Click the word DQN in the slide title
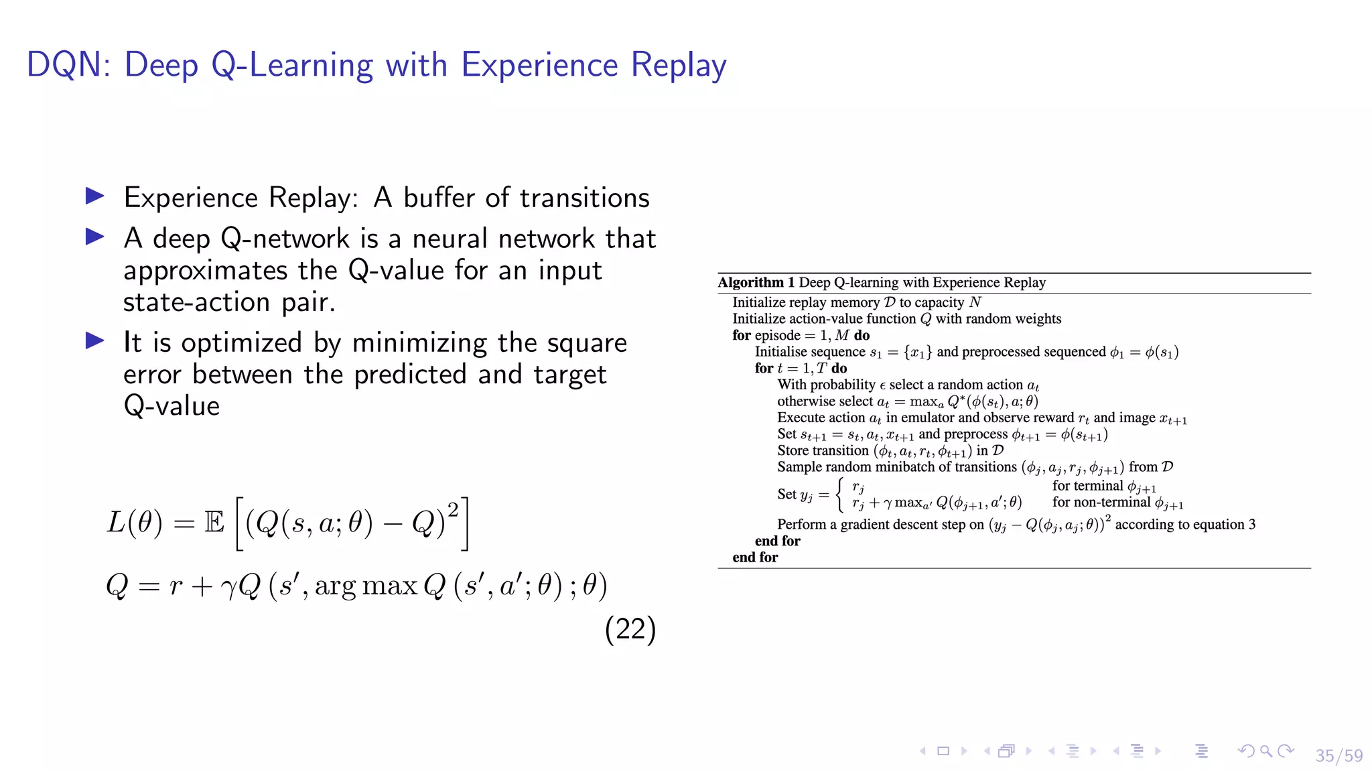pyautogui.click(x=64, y=65)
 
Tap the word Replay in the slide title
pyautogui.click(x=678, y=66)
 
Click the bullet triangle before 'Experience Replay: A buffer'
pyautogui.click(x=95, y=196)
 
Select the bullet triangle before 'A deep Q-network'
pyautogui.click(x=95, y=237)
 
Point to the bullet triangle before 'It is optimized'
pyautogui.click(x=95, y=341)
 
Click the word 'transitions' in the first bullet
pyautogui.click(x=584, y=198)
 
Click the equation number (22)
pyautogui.click(x=630, y=629)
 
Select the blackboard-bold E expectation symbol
pyautogui.click(x=214, y=522)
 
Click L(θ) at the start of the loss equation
pyautogui.click(x=134, y=522)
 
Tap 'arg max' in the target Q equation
pyautogui.click(x=366, y=586)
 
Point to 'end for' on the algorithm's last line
pyautogui.click(x=755, y=557)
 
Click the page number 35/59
pyautogui.click(x=1339, y=755)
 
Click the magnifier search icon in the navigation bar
pyautogui.click(x=1265, y=751)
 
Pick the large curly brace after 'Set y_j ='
pyautogui.click(x=840, y=495)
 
